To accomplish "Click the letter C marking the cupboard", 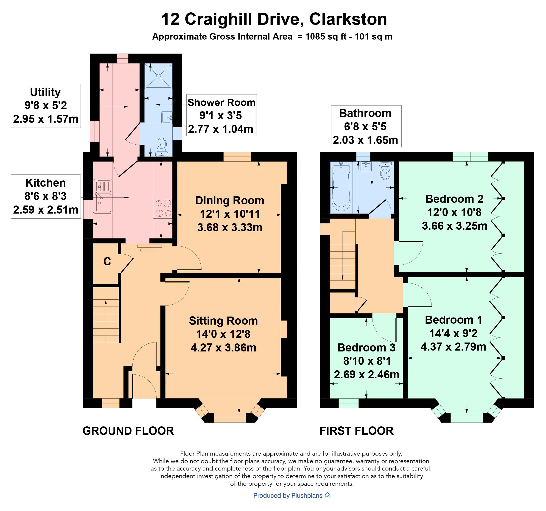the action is pos(107,261).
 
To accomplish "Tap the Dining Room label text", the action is pos(230,200).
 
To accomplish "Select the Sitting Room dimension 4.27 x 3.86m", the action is pos(223,348).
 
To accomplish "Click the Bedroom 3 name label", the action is pos(366,348).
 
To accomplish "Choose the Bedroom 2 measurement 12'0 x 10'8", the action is pos(454,212).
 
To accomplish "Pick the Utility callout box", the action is pos(46,106).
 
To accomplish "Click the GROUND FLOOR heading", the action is pos(128,431).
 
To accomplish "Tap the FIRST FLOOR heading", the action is pos(356,431).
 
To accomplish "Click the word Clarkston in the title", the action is pos(348,19).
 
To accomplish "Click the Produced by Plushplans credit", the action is pos(292,496).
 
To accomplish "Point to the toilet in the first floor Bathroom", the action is pos(385,171).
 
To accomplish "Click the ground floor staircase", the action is pos(106,315).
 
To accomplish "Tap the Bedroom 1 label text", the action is pos(454,320).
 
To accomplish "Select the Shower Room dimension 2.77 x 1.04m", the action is pos(221,129).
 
